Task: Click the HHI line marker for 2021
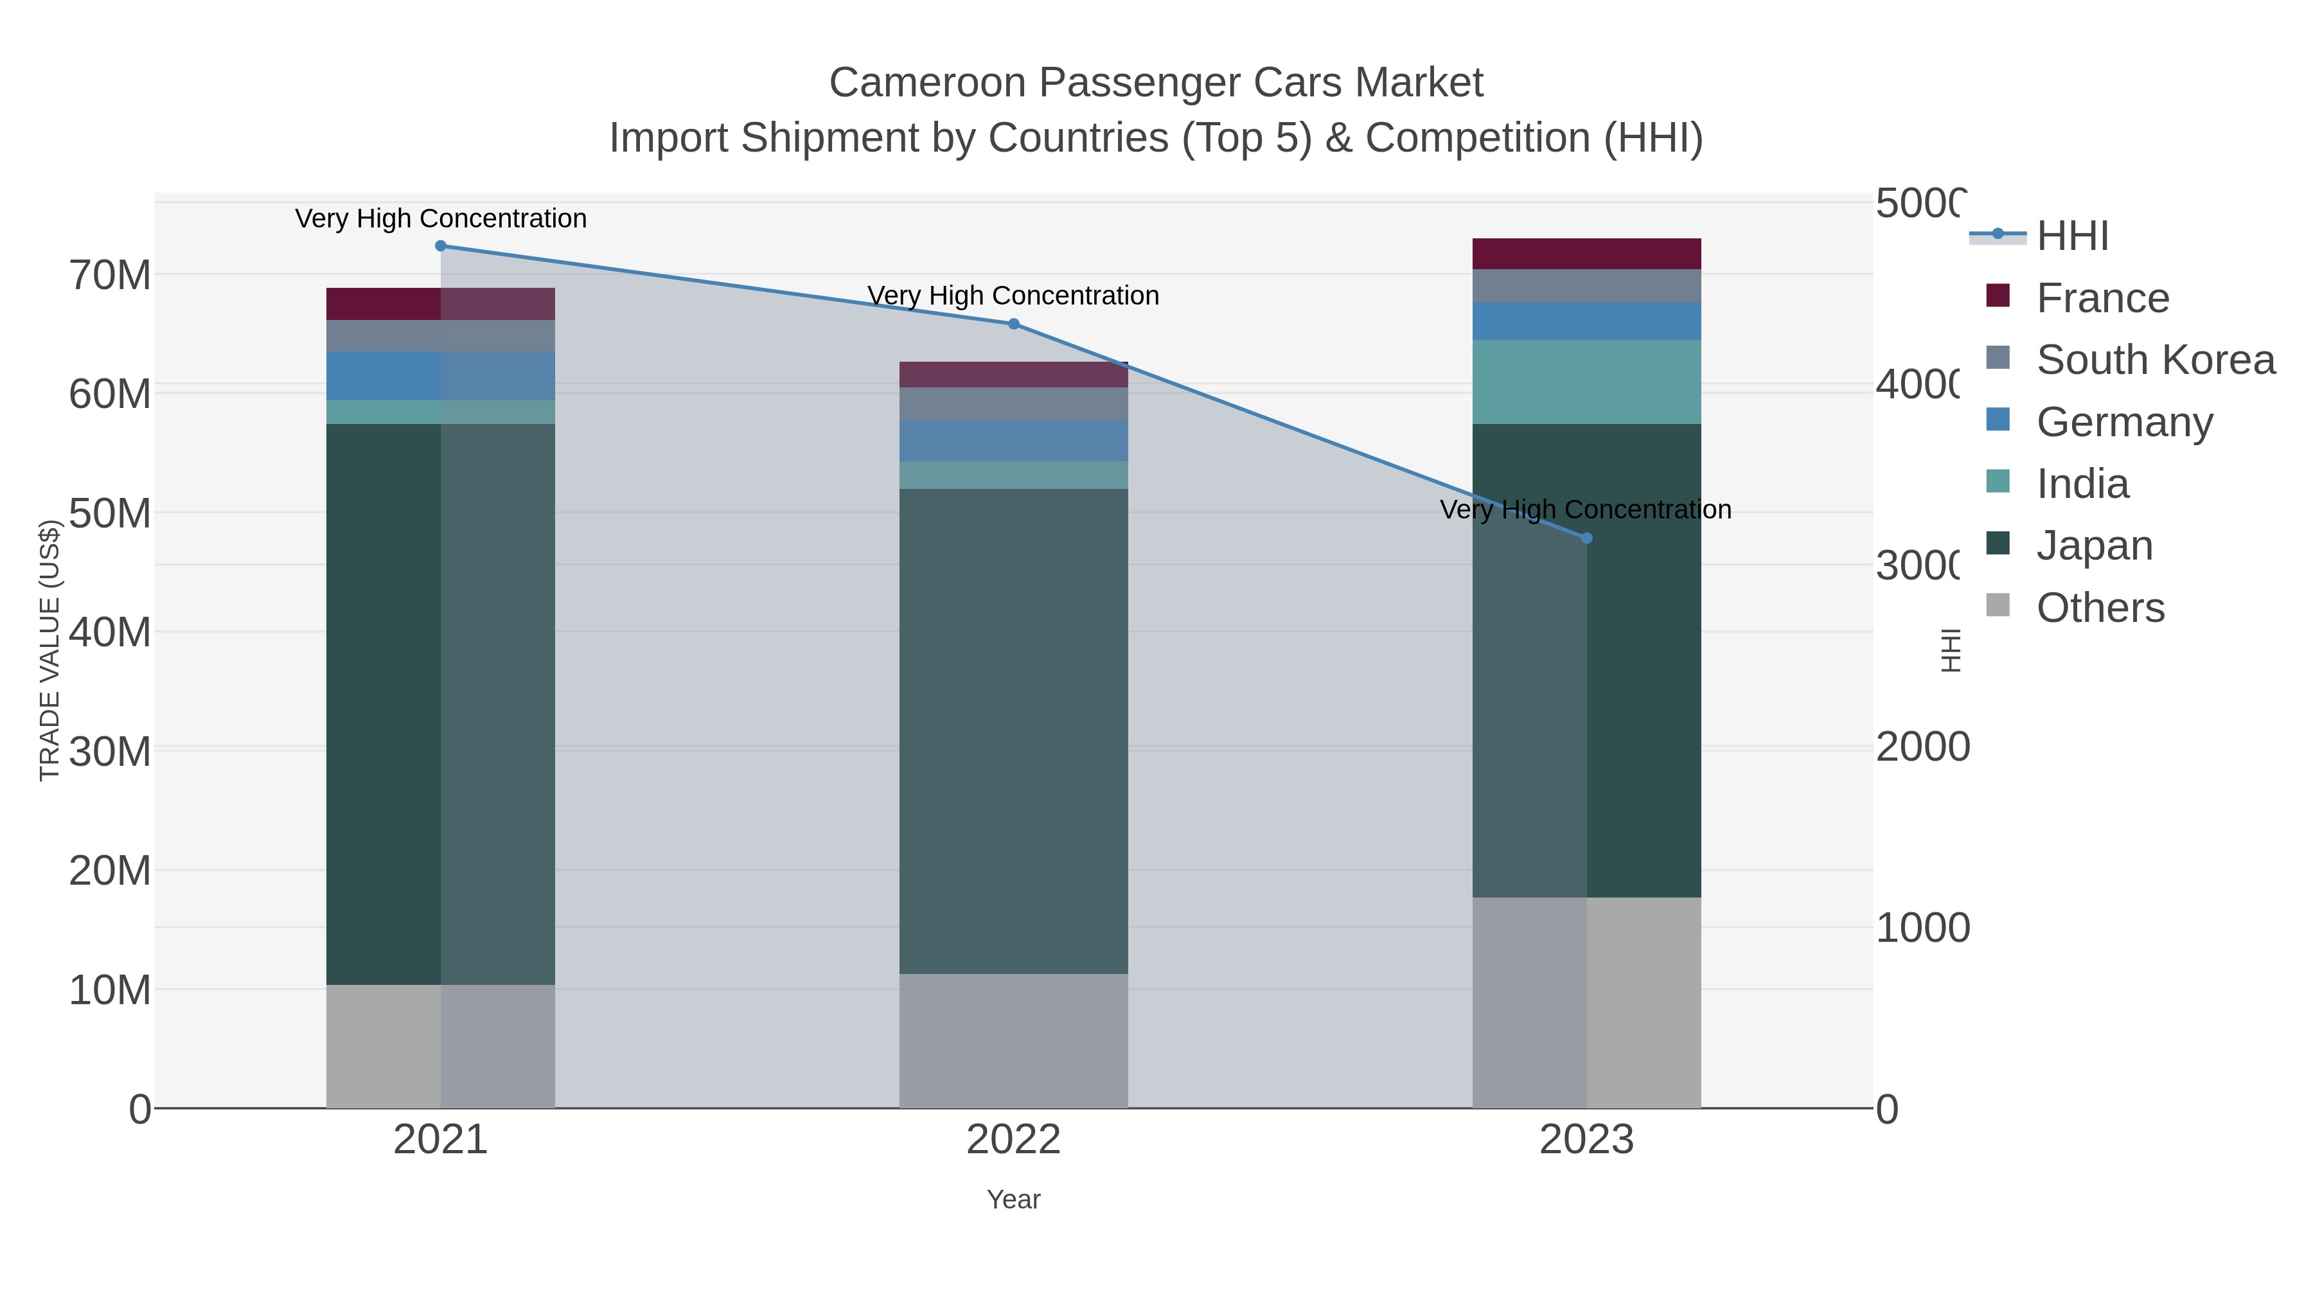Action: point(441,246)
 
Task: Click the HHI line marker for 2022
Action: point(1014,324)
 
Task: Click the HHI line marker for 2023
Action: point(1586,538)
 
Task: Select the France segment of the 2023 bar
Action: point(1586,254)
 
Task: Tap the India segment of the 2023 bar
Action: point(1586,382)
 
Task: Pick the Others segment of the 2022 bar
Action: point(1014,1041)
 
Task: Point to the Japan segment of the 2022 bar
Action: point(1014,731)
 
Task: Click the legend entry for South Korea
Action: point(2155,360)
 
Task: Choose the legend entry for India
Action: point(2082,484)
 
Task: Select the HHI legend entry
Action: point(2072,236)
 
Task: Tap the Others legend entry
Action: point(2100,608)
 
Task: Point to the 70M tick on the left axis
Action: point(109,276)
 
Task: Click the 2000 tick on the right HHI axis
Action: point(1922,747)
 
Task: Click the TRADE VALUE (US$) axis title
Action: point(49,650)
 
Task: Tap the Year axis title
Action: point(1014,1199)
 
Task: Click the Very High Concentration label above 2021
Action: point(441,218)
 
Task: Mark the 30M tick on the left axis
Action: point(109,752)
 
